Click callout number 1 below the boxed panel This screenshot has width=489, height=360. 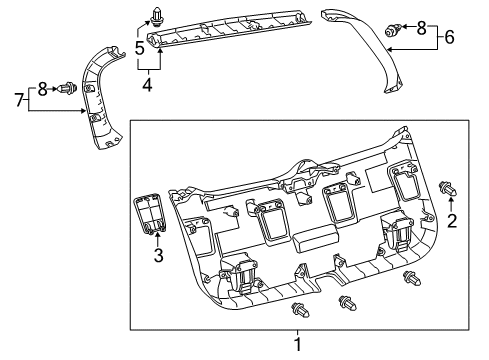(296, 345)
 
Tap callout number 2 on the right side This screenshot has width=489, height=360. (452, 222)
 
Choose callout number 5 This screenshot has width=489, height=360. (140, 45)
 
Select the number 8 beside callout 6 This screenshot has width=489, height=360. (420, 27)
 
